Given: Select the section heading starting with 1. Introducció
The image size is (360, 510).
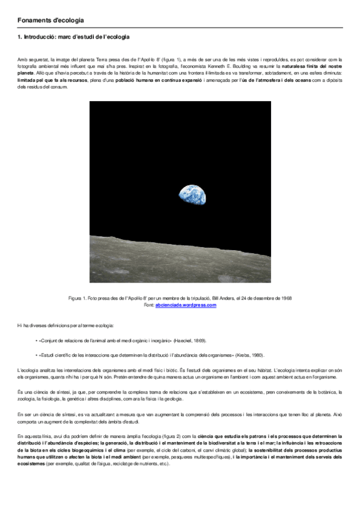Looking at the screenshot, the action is click(x=73, y=37).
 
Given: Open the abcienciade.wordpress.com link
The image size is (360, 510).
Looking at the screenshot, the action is click(x=185, y=305).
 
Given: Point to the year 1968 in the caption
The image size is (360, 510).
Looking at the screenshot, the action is click(x=285, y=299).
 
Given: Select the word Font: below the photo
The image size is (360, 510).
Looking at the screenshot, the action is click(x=149, y=305).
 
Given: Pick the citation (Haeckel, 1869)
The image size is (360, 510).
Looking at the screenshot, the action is click(x=191, y=340).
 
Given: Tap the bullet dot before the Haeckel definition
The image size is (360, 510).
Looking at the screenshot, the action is click(x=36, y=340).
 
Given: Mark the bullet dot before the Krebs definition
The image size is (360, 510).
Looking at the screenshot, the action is click(x=36, y=354).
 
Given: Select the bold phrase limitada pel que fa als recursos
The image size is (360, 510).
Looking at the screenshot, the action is click(x=52, y=80).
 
